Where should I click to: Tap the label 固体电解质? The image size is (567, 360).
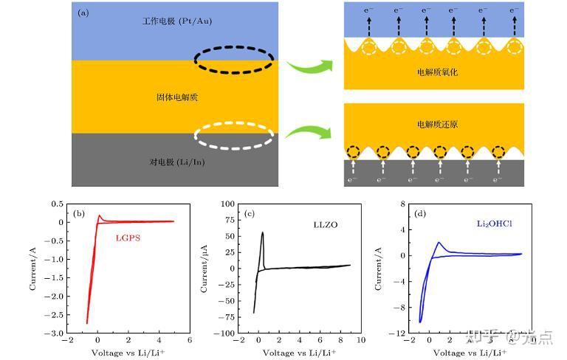pos(177,97)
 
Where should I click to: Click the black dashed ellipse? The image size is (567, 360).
pos(234,59)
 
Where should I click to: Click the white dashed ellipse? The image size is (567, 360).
pos(234,135)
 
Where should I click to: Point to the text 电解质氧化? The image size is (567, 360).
pos(437,74)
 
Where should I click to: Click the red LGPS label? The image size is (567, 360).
pos(128,238)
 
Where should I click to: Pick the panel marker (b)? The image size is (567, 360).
pos(80,214)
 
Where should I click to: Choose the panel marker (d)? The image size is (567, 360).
pos(420,214)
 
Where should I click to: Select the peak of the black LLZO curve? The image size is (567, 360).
pos(262,232)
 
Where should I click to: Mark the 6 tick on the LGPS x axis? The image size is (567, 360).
pos(189,340)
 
